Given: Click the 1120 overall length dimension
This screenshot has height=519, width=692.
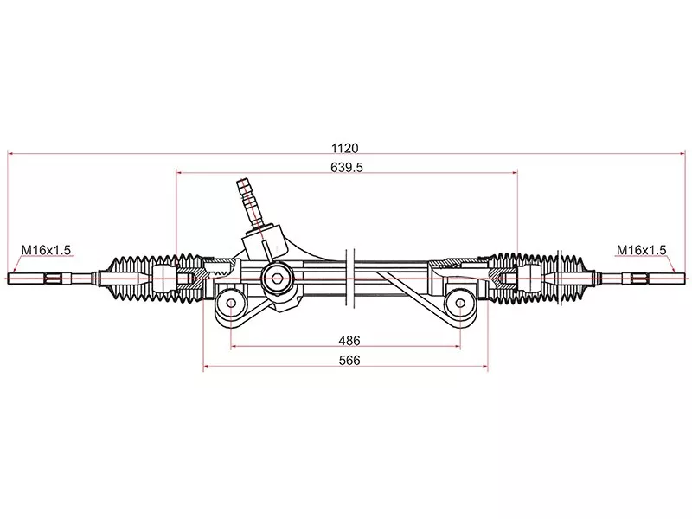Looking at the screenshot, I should point(345,148).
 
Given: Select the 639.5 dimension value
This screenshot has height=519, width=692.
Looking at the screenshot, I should point(345,168).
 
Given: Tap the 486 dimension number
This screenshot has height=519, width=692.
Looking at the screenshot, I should point(349,341).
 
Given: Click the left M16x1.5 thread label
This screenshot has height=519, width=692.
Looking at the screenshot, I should point(46,250).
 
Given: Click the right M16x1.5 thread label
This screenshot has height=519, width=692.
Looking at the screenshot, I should point(641,250).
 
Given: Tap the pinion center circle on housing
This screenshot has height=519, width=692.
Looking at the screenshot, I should point(277,278).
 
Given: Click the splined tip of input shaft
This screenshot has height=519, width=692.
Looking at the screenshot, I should point(245,189).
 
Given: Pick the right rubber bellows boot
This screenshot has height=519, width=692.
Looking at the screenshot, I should point(554,278).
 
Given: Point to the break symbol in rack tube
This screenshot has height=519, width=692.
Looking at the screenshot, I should point(349,275).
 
